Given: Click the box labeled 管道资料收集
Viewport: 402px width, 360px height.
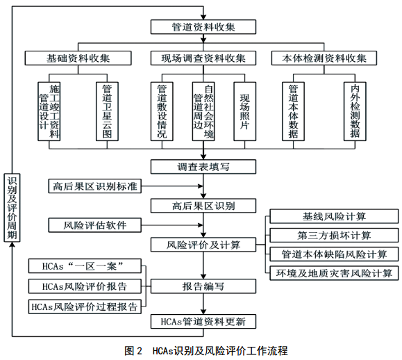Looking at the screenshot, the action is (203, 27).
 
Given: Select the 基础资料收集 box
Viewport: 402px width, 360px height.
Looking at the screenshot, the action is (78, 58).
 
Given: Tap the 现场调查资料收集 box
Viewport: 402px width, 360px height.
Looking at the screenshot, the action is (203, 58).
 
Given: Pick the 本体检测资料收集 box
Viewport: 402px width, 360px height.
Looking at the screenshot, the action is (324, 58).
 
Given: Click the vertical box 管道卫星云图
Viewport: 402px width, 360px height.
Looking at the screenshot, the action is (107, 111).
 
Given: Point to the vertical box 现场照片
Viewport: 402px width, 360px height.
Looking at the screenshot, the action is (245, 111).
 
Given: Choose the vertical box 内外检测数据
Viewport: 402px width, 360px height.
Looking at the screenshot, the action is (355, 111).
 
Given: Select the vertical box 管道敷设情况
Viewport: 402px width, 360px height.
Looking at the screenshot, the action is (162, 111).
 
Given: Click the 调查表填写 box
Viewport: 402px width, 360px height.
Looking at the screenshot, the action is (203, 167).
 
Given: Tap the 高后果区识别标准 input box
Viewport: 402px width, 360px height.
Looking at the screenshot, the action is (95, 186).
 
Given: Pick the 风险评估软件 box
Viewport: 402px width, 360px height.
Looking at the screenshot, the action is (95, 225).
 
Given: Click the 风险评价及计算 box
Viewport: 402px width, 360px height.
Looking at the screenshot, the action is (203, 245).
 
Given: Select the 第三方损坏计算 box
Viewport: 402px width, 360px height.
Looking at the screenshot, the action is (334, 236).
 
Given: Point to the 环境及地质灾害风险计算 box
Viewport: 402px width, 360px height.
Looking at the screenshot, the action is (334, 273).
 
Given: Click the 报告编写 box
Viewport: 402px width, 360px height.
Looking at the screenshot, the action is (203, 286).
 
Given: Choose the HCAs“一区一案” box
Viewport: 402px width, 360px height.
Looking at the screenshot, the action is (85, 266).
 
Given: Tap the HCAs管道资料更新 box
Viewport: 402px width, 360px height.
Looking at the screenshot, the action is (203, 321).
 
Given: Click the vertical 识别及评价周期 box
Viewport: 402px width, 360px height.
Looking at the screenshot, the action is (12, 208).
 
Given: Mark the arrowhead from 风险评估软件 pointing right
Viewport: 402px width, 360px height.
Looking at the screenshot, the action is (201, 225).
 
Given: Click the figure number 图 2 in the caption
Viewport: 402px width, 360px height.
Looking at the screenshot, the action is (133, 351).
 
